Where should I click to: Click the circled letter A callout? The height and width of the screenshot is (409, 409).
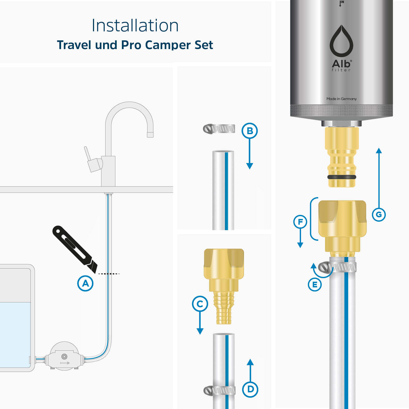pyautogui.click(x=85, y=283)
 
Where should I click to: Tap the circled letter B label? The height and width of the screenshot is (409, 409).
pyautogui.click(x=249, y=131)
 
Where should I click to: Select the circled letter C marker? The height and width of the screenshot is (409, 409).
pyautogui.click(x=200, y=304)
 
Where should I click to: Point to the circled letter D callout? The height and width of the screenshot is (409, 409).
pyautogui.click(x=250, y=389)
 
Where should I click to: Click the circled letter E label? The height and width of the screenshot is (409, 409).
pyautogui.click(x=315, y=285)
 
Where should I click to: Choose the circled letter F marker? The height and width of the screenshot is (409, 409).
pyautogui.click(x=300, y=222)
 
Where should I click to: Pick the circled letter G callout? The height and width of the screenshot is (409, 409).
pyautogui.click(x=379, y=214)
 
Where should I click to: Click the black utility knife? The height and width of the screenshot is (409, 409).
pyautogui.click(x=74, y=248)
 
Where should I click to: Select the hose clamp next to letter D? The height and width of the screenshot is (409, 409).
pyautogui.click(x=219, y=391)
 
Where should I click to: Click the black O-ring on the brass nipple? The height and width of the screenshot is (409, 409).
pyautogui.click(x=342, y=177)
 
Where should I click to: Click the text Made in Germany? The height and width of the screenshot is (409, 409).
pyautogui.click(x=341, y=99)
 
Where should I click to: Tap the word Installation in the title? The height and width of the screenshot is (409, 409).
pyautogui.click(x=135, y=25)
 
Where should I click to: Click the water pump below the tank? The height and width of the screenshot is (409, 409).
pyautogui.click(x=64, y=356)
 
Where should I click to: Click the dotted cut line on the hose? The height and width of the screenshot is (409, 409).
pyautogui.click(x=109, y=273)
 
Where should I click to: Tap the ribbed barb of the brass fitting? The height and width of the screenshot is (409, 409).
pyautogui.click(x=224, y=308)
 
